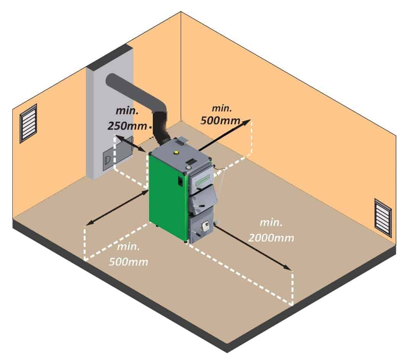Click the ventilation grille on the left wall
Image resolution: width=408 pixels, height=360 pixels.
[29, 123]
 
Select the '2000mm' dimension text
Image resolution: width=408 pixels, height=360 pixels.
[271, 238]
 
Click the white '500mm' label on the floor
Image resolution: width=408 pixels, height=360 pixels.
[128, 262]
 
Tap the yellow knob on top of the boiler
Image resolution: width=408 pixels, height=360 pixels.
[176, 152]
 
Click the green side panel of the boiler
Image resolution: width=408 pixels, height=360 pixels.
[167, 195]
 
